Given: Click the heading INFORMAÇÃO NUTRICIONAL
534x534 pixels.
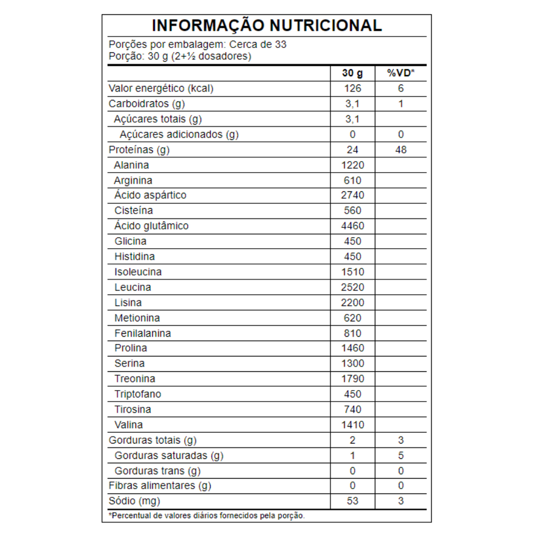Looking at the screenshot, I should coord(266,25).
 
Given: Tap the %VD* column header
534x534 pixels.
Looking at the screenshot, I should coord(400,73).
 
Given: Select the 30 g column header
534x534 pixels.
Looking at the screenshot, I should coord(353,73).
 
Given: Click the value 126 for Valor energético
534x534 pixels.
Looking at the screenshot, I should coord(353,88).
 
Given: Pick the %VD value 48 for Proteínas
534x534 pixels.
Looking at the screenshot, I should coord(400,150).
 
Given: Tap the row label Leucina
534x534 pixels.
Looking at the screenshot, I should coord(133,287).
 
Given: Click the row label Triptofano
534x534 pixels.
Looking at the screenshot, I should coord(138,394).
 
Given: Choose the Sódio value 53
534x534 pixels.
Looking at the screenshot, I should coord(353,501).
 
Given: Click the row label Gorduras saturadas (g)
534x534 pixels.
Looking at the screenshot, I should coord(169,455).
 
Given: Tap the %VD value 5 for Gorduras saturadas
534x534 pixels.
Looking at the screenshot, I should coord(400,455).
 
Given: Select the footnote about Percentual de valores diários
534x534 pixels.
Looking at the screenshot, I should coord(207,515).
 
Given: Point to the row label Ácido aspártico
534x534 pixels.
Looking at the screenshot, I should coord(150,195).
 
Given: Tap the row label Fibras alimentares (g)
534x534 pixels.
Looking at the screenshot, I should coord(160,486).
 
